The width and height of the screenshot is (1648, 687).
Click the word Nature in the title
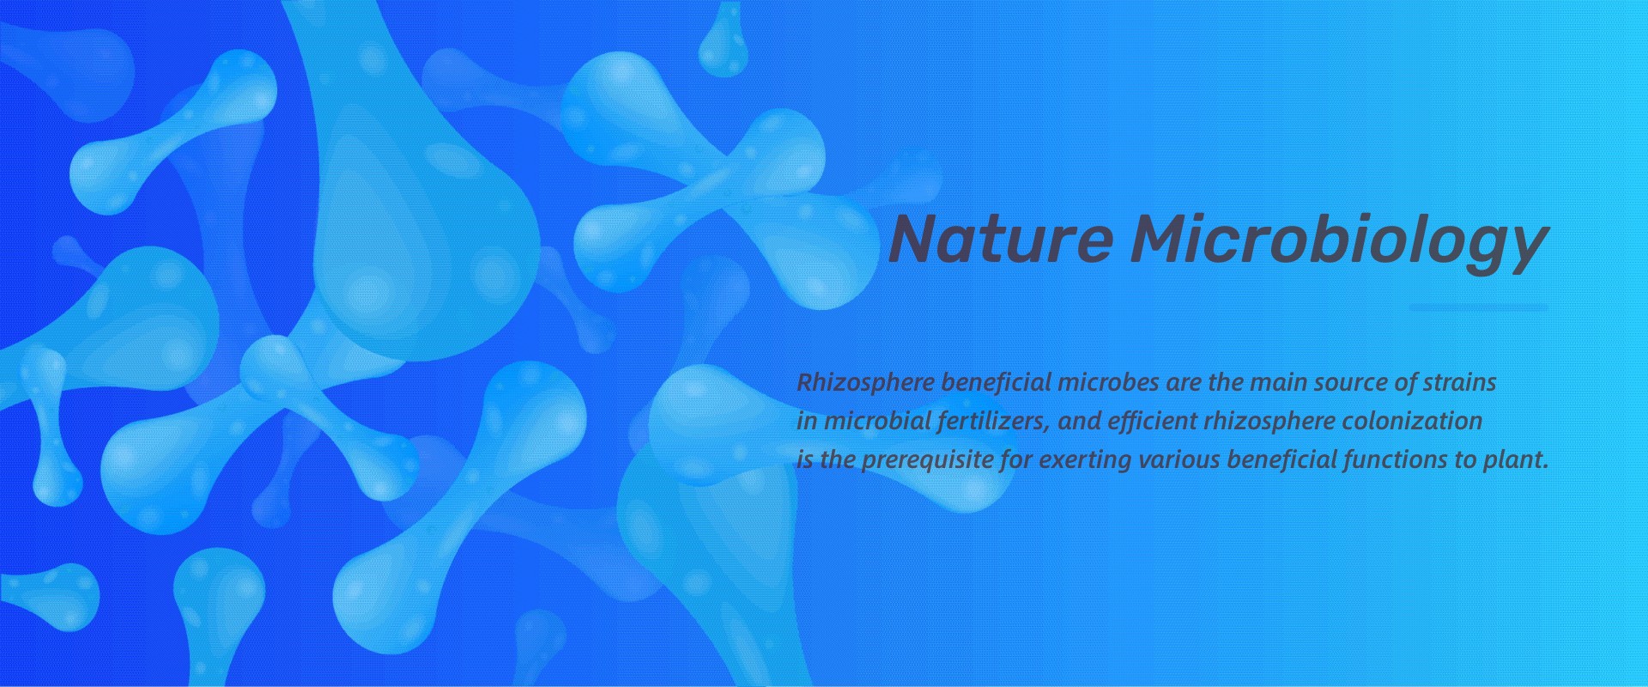999,239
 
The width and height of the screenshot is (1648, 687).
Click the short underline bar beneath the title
1479,307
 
